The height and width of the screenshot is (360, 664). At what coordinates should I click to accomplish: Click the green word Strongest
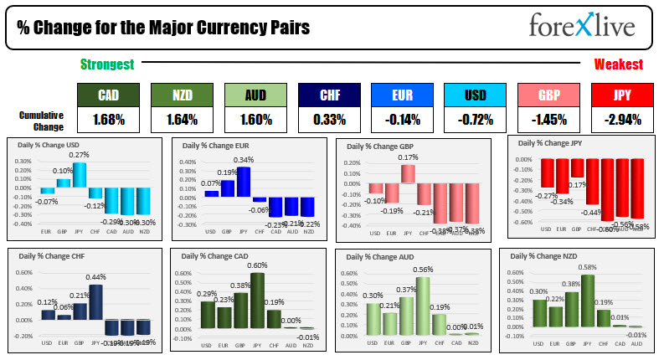tap(106, 64)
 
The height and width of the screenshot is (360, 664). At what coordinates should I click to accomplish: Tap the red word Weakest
tap(618, 64)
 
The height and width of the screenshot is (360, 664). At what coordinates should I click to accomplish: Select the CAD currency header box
tap(106, 95)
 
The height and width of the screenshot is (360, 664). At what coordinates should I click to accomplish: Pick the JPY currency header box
tap(622, 95)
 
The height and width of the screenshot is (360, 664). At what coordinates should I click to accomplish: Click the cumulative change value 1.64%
tap(180, 120)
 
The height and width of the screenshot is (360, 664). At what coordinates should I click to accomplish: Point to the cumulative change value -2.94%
tap(622, 120)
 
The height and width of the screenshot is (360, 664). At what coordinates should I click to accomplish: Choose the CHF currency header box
tap(327, 95)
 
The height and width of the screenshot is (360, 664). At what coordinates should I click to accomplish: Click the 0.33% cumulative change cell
tap(327, 120)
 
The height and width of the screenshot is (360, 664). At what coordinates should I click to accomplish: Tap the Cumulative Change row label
tap(41, 120)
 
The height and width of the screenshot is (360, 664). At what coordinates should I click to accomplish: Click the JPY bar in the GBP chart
tap(408, 173)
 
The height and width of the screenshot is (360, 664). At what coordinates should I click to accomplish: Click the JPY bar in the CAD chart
tap(257, 300)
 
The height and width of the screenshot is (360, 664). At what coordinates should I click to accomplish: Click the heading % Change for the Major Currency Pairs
tap(163, 27)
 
